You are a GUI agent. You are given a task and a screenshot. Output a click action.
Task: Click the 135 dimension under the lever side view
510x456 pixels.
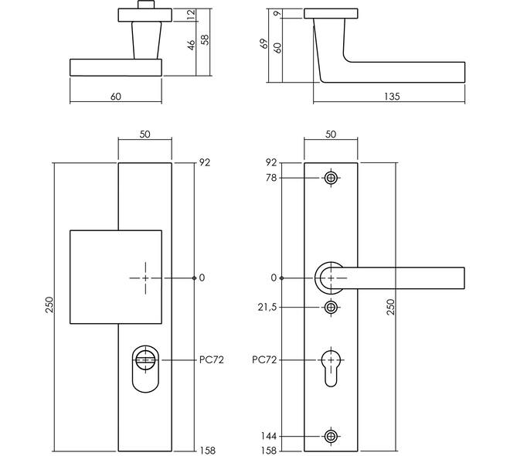tap(392, 97)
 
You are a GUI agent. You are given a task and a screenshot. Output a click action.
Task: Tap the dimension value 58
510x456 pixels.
tap(205, 39)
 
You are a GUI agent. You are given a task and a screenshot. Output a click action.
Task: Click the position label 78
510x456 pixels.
tap(270, 179)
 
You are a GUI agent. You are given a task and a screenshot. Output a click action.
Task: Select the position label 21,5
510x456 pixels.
tap(266, 307)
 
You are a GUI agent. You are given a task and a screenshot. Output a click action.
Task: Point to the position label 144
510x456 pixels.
tap(268, 437)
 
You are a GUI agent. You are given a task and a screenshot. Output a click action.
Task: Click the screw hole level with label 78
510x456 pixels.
tap(331, 179)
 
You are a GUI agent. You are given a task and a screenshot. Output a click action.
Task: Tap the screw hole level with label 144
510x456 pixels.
tap(331, 437)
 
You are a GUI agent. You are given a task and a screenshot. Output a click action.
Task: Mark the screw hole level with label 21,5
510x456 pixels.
tap(331, 307)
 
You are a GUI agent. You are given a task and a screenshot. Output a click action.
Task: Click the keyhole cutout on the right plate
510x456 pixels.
tap(331, 366)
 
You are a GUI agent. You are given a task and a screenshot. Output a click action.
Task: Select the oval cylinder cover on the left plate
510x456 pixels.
tap(144, 369)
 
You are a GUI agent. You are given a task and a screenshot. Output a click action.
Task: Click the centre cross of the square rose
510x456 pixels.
tap(144, 277)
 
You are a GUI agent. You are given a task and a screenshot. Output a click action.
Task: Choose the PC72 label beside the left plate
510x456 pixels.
tap(210, 360)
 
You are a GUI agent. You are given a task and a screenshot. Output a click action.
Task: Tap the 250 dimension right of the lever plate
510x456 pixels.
tap(391, 307)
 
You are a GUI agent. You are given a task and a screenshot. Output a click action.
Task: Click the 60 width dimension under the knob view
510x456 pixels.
tap(116, 97)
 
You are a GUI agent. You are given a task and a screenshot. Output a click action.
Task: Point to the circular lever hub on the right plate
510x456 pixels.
tap(331, 277)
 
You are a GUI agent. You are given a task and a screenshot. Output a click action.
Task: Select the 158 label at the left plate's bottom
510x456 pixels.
tap(208, 451)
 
